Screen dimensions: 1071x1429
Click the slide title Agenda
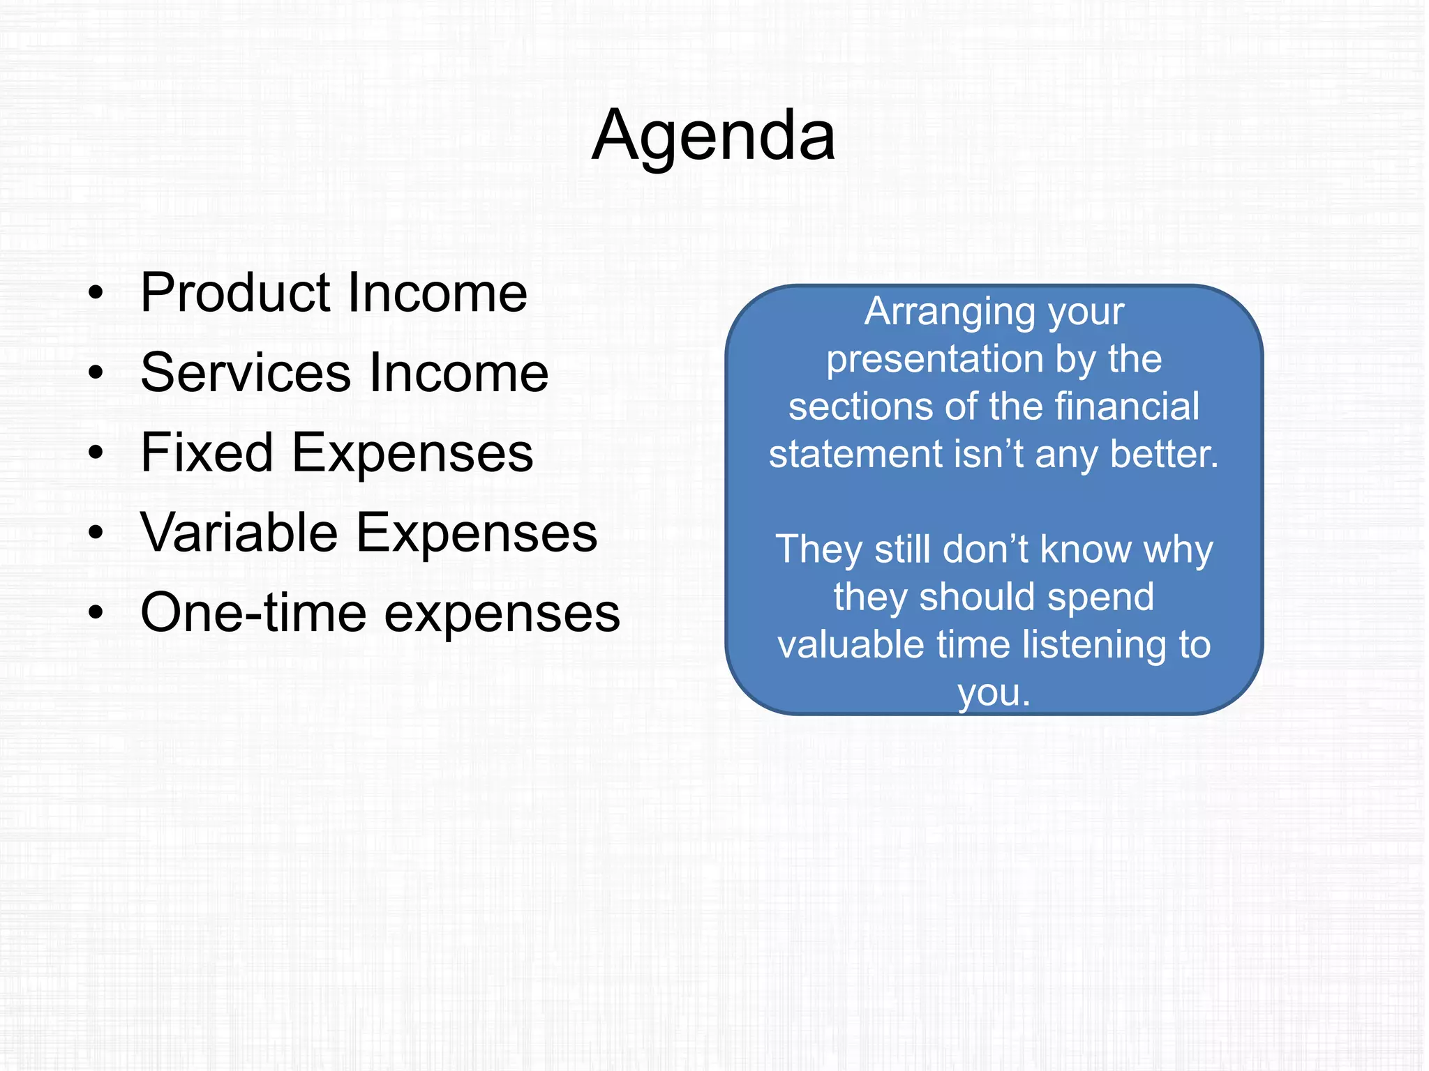point(713,136)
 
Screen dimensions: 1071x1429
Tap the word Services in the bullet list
point(245,373)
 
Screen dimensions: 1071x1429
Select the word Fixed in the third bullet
point(207,453)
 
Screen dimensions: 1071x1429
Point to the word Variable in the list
point(239,533)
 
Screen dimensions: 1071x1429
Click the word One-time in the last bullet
point(253,614)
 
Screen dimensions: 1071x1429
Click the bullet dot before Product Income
point(96,294)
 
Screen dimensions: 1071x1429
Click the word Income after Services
point(458,373)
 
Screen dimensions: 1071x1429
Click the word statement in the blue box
point(855,455)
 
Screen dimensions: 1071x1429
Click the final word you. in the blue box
point(994,693)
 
